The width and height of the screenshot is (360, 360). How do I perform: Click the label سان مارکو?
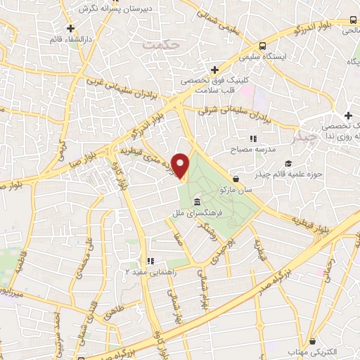[x=234, y=190]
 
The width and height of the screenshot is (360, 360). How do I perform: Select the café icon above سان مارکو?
[x=234, y=179]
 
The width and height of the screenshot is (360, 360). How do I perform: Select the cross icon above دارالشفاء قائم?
[x=70, y=28]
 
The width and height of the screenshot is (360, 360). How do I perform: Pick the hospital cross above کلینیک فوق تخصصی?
[x=214, y=70]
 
